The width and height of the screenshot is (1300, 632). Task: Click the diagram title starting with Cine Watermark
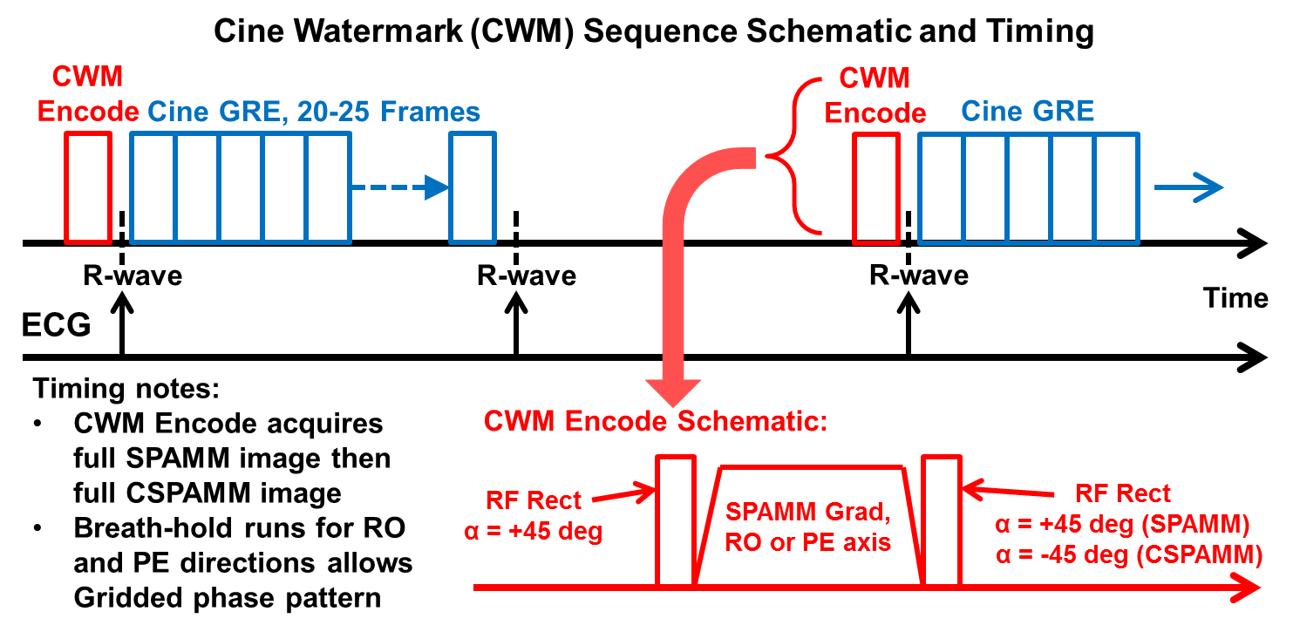650,32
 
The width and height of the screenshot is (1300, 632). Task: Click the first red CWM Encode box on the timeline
88,187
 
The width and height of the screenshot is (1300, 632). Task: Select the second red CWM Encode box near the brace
875,187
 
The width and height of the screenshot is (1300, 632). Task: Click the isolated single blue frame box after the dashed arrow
473,187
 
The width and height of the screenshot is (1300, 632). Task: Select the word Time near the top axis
1235,298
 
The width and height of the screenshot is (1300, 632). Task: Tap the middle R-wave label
527,276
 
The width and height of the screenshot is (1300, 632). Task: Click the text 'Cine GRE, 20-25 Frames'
314,112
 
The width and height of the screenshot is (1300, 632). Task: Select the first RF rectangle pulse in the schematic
676,520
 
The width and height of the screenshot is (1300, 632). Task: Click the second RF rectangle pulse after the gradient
942,520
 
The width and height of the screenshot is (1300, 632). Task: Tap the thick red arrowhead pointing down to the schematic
672,389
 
